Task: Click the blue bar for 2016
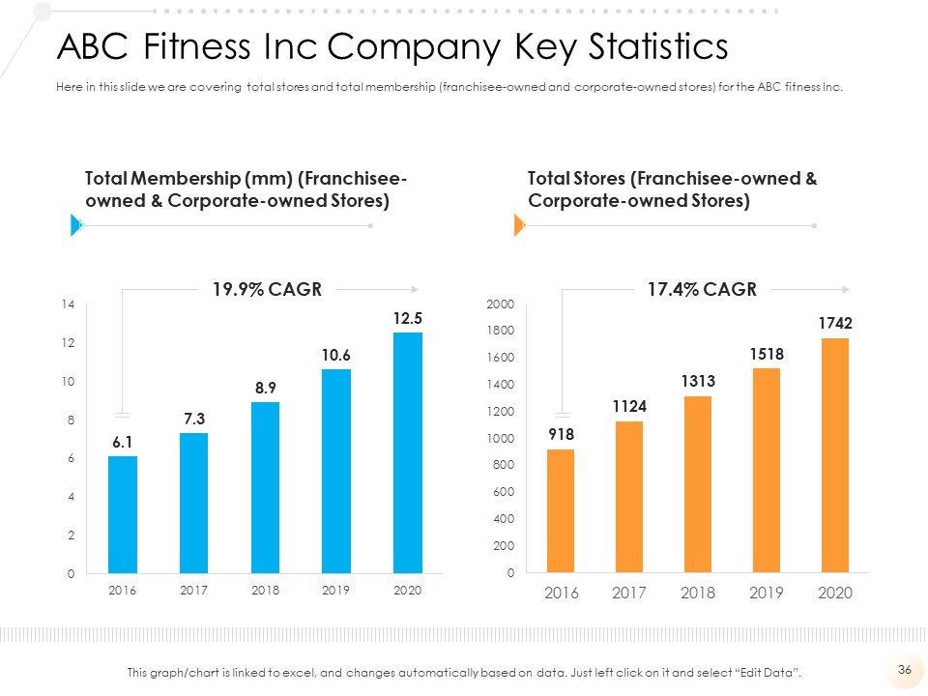123,514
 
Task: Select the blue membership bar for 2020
408,452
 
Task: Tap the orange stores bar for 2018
698,484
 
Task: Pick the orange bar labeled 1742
835,455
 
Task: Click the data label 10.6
336,356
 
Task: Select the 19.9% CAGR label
267,288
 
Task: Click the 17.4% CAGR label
703,288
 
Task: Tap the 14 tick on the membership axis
68,304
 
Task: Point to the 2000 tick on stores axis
502,304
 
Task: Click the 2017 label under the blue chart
194,591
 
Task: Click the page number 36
906,669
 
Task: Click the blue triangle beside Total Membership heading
75,225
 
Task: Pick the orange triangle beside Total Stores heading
518,225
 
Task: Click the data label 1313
697,382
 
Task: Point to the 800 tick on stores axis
504,466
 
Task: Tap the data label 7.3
194,419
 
